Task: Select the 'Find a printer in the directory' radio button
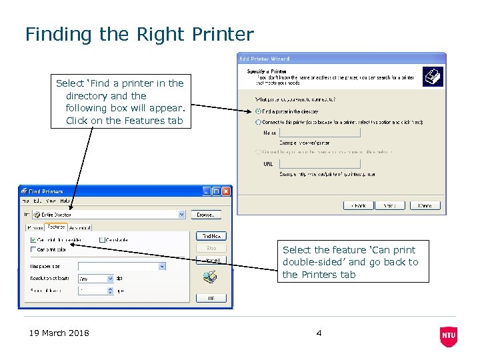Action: [259, 111]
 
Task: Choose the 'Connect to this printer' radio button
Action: [259, 122]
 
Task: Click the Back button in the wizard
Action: [358, 205]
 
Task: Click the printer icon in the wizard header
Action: [432, 77]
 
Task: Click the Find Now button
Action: [211, 236]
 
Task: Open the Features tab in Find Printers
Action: [55, 227]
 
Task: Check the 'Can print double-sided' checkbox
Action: [33, 239]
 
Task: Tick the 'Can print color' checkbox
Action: [33, 249]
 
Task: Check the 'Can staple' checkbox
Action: [102, 239]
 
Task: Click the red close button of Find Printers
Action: [226, 191]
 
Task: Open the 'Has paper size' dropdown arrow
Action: [161, 266]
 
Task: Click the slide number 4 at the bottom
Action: [319, 333]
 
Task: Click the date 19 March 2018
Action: [59, 333]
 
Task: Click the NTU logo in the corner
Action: [449, 336]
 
